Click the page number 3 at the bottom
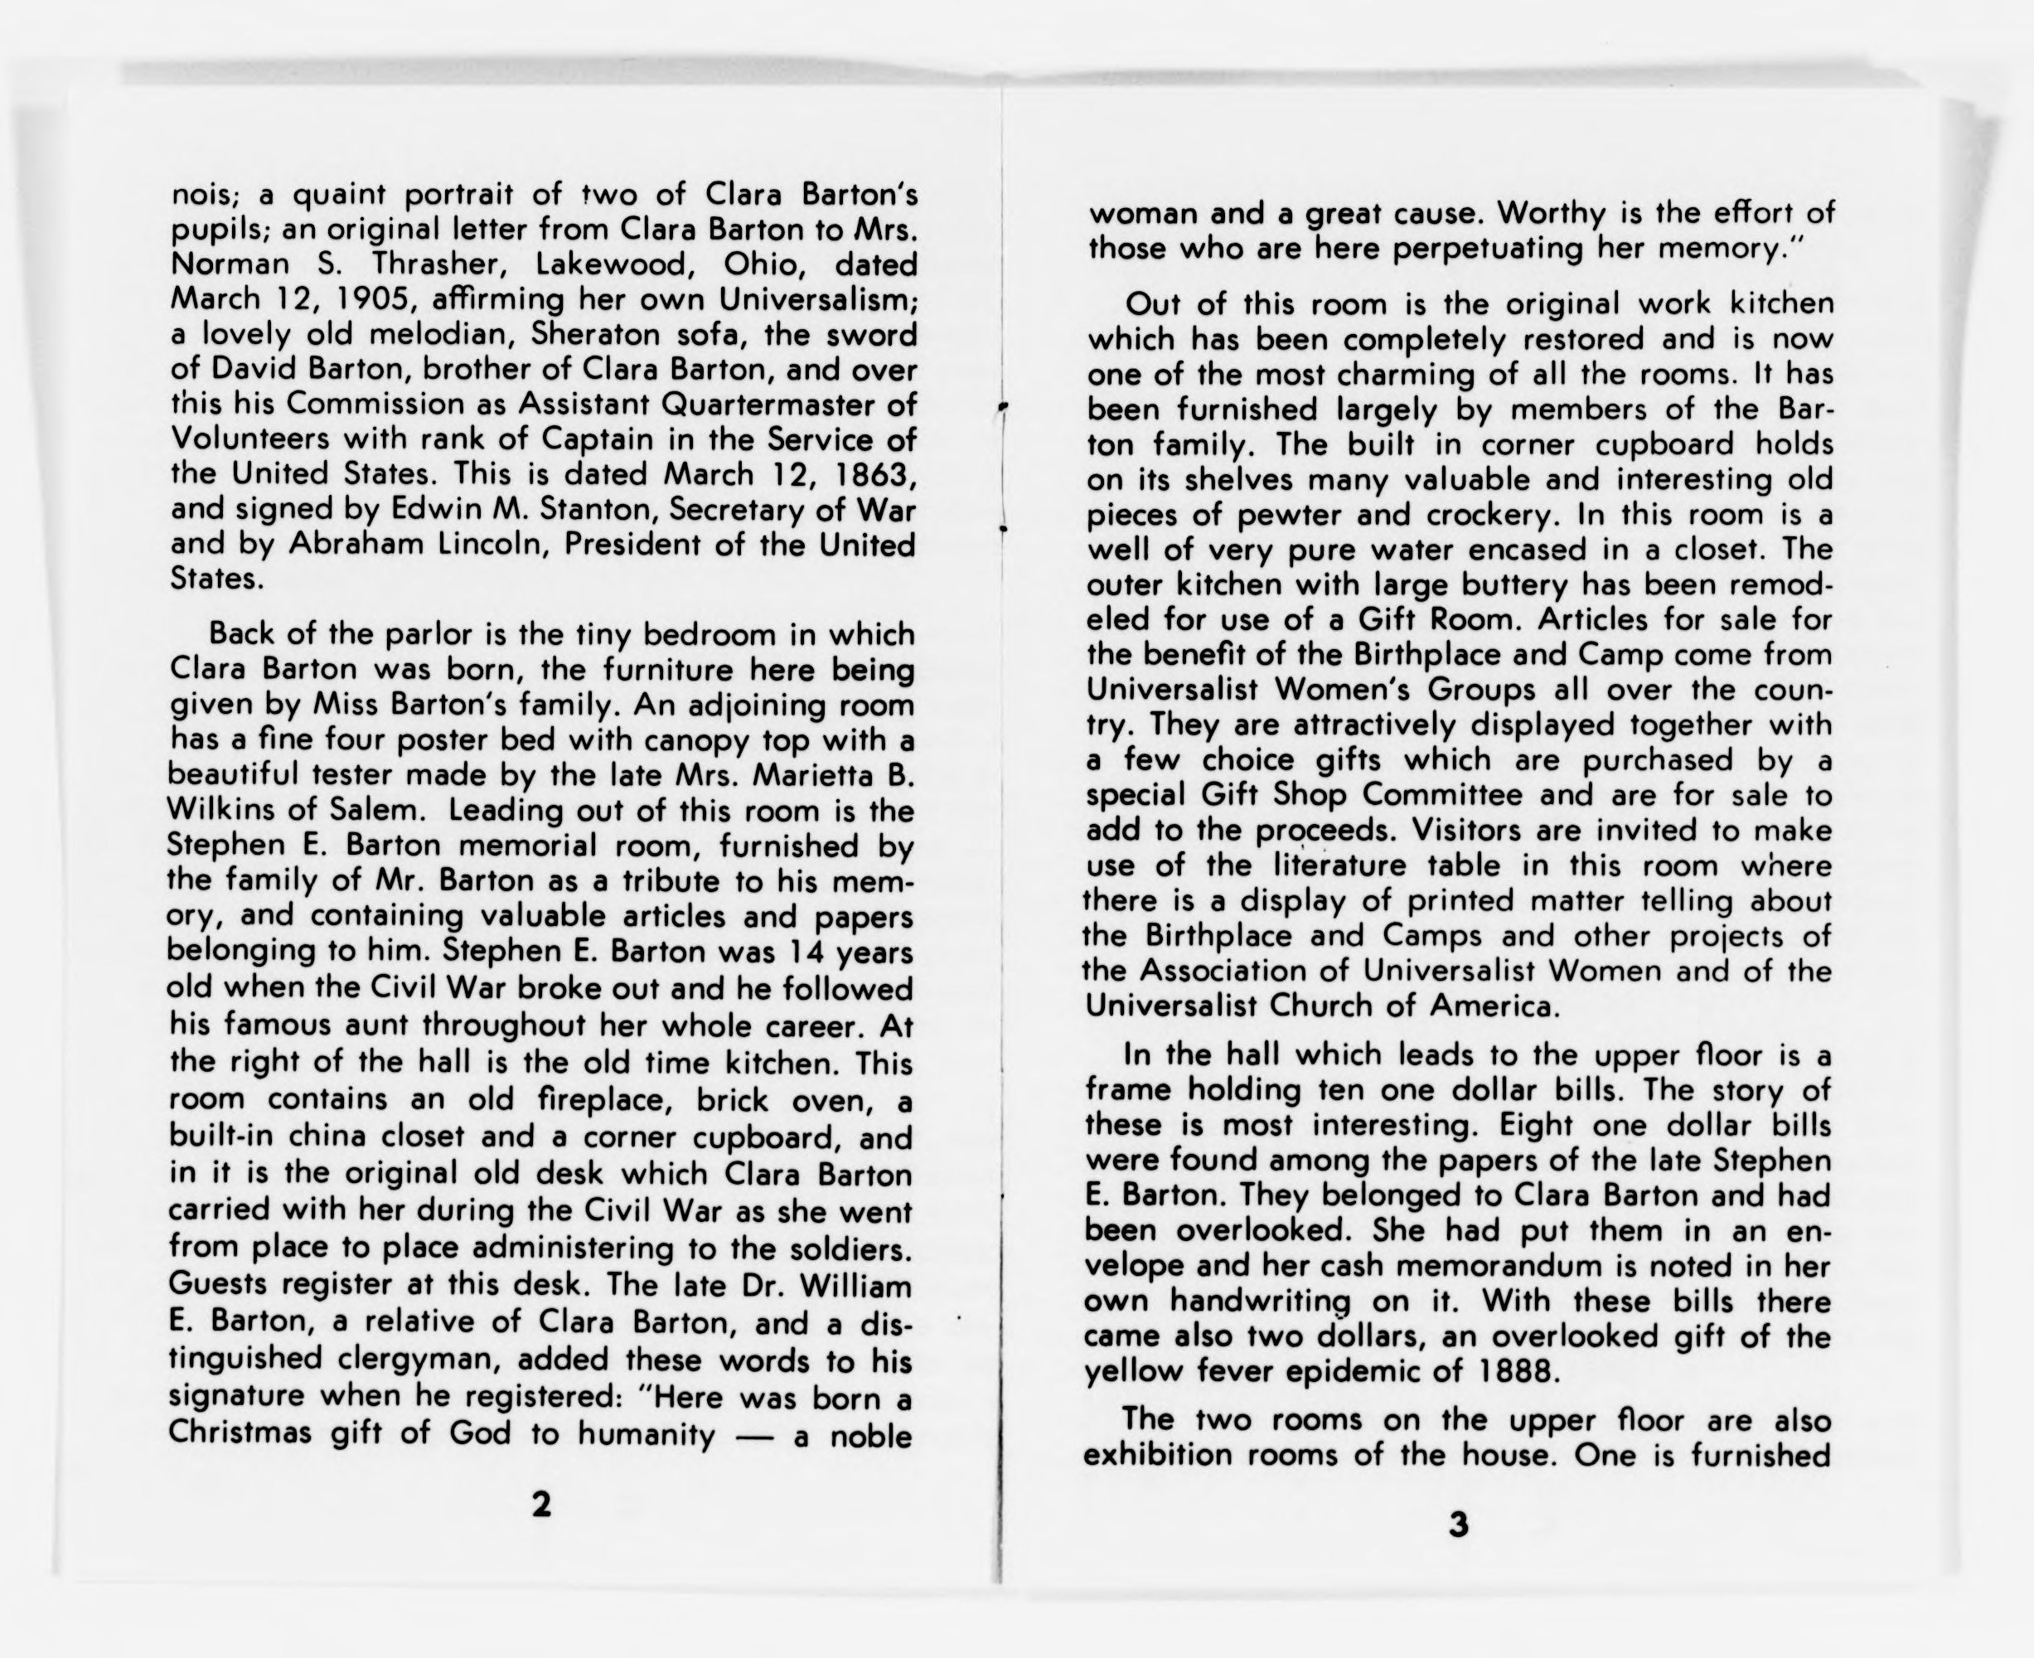[1457, 1525]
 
